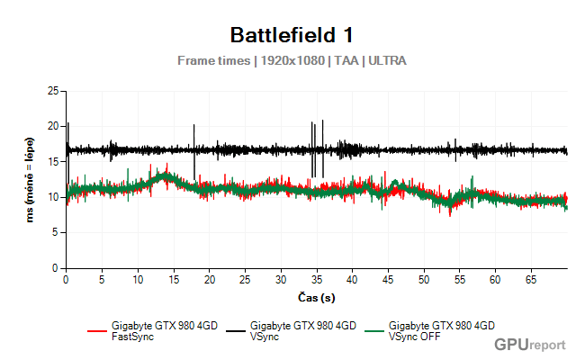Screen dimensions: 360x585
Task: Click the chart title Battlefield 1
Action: [x=292, y=35]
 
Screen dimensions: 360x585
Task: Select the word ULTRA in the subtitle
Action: [x=387, y=61]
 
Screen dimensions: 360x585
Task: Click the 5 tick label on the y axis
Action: [x=56, y=232]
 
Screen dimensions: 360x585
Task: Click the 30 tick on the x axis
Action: [x=281, y=279]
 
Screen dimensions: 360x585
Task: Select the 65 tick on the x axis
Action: [x=531, y=279]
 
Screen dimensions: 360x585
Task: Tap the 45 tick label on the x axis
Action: [x=388, y=279]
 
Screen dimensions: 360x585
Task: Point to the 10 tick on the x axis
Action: [x=138, y=279]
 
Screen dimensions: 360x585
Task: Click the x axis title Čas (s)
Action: [x=316, y=296]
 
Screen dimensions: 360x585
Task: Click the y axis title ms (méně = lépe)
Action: [x=30, y=179]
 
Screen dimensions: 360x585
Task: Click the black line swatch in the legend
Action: [x=235, y=330]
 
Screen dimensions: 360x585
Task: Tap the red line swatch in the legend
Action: [x=97, y=330]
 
